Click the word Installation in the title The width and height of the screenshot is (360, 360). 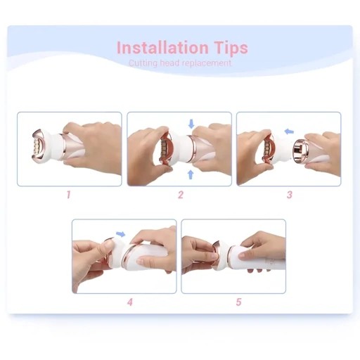[x=162, y=48]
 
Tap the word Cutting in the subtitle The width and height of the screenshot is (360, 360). [x=143, y=63]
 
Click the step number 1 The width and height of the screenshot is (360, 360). [x=68, y=195]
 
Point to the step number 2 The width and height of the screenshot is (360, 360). [x=181, y=195]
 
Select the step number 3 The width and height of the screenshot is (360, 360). [x=290, y=195]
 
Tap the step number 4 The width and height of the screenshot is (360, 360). [x=130, y=302]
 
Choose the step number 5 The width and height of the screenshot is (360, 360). [x=238, y=302]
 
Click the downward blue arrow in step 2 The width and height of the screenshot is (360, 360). [x=191, y=124]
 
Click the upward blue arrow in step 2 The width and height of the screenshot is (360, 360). [x=191, y=174]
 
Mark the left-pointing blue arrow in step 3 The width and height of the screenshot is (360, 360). [x=289, y=131]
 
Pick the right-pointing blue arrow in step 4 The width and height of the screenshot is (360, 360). [x=121, y=233]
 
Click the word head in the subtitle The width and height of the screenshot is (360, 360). [x=169, y=63]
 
